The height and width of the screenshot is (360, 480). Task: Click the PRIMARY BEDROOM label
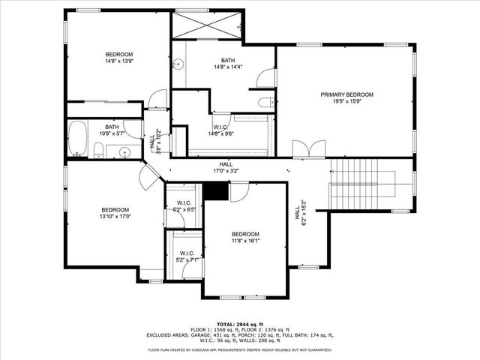click(x=346, y=94)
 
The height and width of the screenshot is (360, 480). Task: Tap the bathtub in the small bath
click(x=79, y=139)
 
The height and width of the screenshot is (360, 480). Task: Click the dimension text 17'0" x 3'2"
click(x=226, y=171)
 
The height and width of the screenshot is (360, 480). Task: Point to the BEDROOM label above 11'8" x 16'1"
click(x=245, y=233)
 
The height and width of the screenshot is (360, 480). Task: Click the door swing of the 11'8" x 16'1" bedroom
click(x=238, y=193)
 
